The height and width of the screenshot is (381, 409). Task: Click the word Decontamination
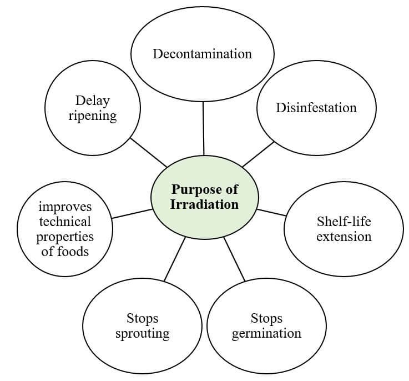[202, 54]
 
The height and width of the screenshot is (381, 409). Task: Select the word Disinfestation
[316, 107]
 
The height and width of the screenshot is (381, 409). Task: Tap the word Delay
[93, 101]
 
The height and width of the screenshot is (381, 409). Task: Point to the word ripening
[93, 116]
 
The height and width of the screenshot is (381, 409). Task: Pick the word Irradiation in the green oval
[204, 204]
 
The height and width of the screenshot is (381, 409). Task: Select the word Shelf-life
[344, 222]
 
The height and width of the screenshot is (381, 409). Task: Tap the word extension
[344, 237]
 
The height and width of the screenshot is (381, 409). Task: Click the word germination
[266, 334]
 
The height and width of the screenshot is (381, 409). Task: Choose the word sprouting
[142, 334]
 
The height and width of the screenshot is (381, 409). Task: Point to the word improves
[65, 207]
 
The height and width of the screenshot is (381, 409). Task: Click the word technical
[65, 222]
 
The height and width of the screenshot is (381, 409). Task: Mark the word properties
[65, 237]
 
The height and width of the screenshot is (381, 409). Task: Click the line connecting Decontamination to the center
[203, 128]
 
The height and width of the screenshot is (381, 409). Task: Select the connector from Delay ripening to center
[148, 152]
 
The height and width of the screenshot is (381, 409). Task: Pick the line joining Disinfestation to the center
[258, 154]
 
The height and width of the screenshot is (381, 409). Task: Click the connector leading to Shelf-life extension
[271, 212]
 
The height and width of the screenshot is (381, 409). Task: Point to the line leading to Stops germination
[234, 259]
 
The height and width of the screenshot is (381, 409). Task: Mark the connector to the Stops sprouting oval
[174, 259]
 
